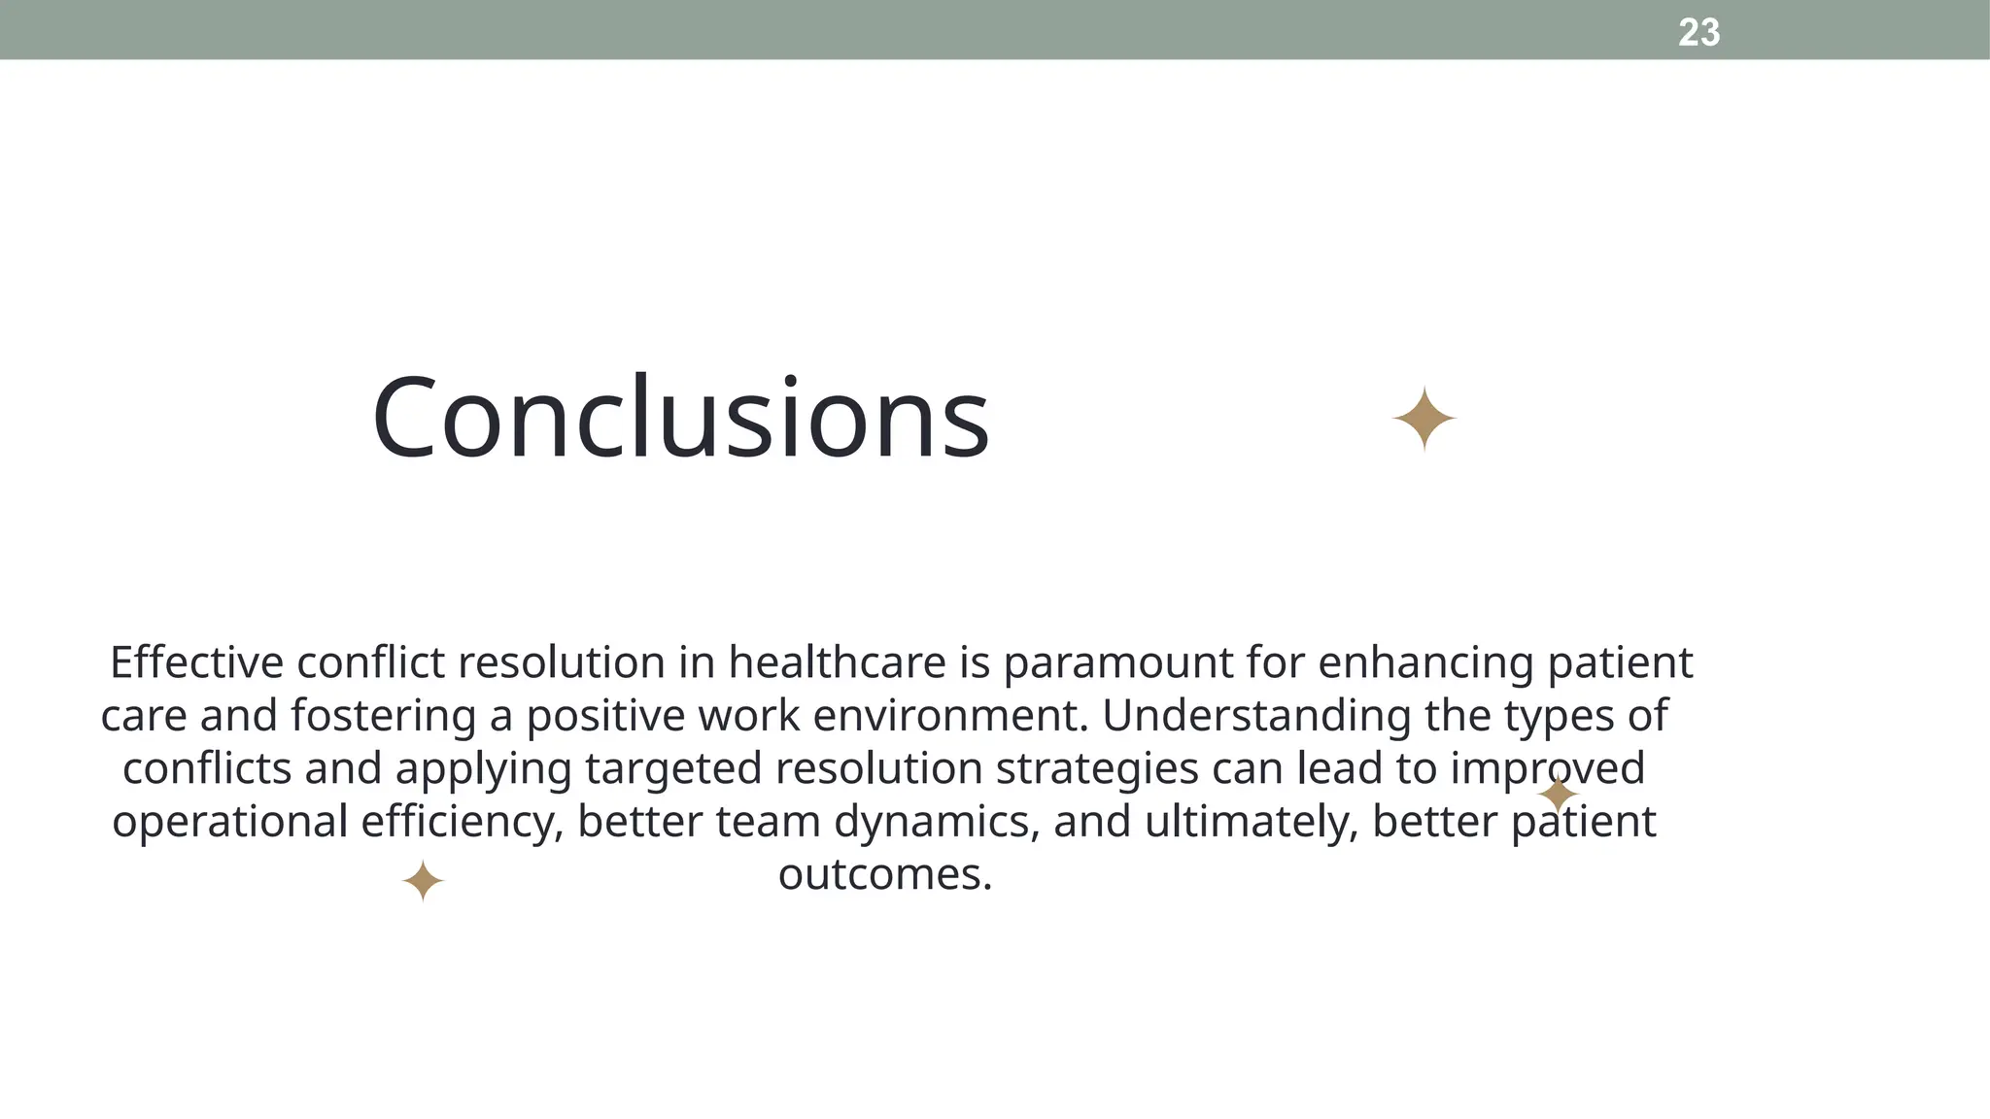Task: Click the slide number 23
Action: [x=1698, y=33]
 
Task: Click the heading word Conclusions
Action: [x=680, y=418]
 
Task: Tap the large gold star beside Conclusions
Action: [x=1424, y=419]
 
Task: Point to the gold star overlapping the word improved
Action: [x=1558, y=795]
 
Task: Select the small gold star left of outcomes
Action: [x=423, y=881]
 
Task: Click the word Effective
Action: [x=196, y=663]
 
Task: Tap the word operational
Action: [x=229, y=823]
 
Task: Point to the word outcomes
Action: [x=885, y=875]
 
